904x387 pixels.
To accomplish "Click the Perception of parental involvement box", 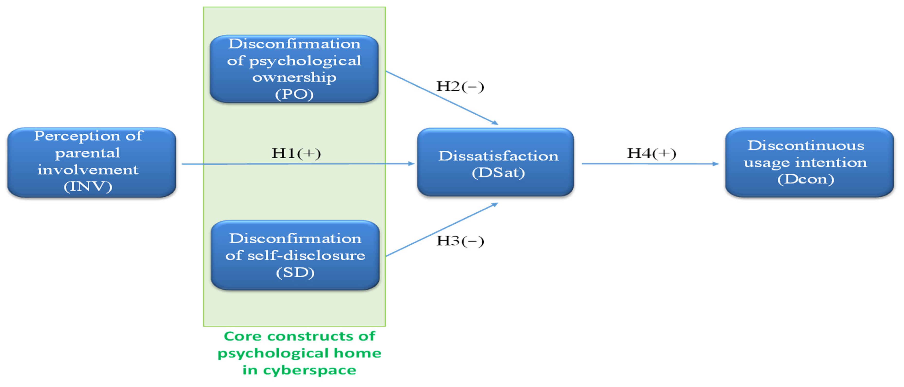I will [91, 162].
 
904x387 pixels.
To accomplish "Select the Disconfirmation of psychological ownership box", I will [294, 69].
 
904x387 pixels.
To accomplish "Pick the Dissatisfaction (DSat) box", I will [496, 162].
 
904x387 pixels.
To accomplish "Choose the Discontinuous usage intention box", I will [809, 162].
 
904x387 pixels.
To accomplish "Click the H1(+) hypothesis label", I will [296, 153].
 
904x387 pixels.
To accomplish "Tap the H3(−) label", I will [460, 241].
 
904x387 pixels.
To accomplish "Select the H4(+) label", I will [652, 153].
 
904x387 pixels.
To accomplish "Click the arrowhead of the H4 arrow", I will [716, 164].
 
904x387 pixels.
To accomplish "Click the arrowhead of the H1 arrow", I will [411, 163].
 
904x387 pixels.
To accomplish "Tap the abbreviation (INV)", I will [88, 186].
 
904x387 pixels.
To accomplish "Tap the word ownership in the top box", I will [294, 77].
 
